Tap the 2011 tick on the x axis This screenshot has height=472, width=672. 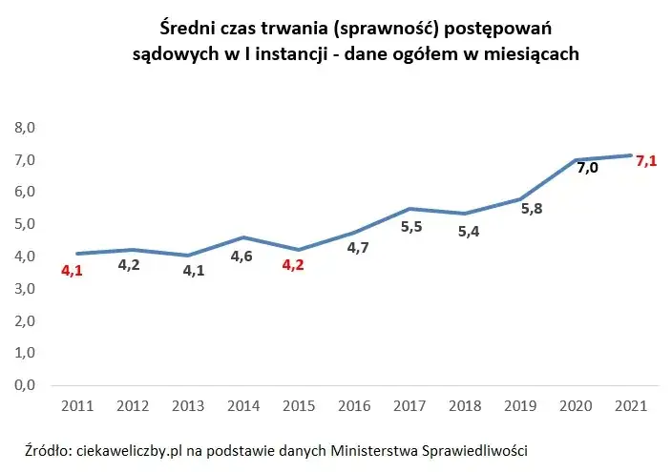tap(76, 406)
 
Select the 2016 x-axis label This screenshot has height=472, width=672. tap(355, 406)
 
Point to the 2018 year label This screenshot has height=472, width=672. tap(466, 406)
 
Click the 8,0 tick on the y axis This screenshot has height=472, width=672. tap(24, 127)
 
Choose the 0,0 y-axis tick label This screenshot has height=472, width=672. tap(24, 385)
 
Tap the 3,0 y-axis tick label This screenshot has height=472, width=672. tap(24, 288)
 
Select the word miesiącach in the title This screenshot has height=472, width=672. tap(529, 54)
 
